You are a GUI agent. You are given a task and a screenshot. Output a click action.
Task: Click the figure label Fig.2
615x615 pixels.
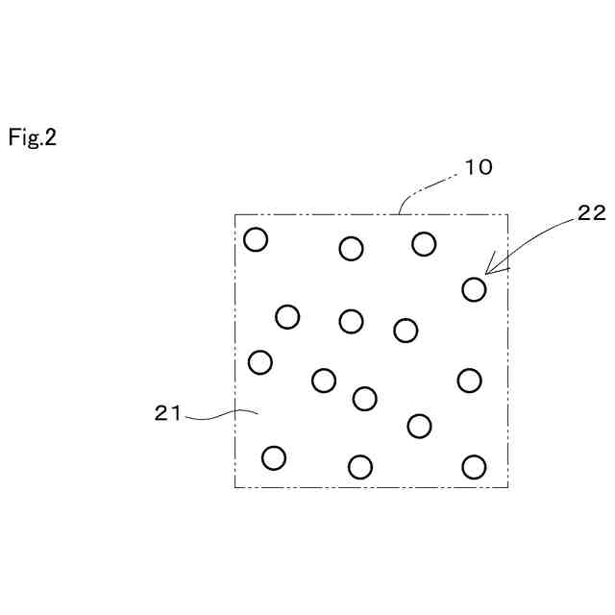click(x=33, y=137)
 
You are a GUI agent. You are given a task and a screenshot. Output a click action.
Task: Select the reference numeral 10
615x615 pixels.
click(x=478, y=167)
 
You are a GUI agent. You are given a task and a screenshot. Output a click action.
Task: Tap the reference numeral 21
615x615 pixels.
click(x=168, y=413)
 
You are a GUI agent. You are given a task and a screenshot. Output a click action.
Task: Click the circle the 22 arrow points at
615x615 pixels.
click(x=474, y=288)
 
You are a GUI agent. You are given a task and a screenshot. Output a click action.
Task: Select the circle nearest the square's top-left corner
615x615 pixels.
click(x=256, y=239)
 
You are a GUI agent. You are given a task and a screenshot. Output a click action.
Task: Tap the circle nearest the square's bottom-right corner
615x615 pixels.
click(x=474, y=467)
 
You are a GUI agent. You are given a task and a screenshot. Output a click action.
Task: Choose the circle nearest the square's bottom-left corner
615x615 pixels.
click(x=274, y=457)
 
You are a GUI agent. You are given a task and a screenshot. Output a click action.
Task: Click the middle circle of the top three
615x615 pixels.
click(x=352, y=249)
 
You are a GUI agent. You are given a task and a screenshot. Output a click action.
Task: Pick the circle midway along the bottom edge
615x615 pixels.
click(x=360, y=467)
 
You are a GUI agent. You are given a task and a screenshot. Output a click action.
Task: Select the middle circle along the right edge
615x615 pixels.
click(x=469, y=381)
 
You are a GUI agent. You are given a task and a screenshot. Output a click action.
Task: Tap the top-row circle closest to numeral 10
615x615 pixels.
click(x=424, y=244)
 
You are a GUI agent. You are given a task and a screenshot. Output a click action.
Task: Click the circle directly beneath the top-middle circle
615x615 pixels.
click(x=352, y=321)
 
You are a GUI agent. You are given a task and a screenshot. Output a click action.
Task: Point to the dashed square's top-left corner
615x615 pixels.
click(x=235, y=213)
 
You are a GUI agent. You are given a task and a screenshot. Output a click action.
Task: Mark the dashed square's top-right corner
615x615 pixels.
click(x=508, y=213)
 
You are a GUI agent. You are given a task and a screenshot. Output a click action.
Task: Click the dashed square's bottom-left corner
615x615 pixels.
click(x=235, y=487)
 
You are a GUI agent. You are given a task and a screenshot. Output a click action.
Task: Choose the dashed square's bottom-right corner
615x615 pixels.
click(x=508, y=487)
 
